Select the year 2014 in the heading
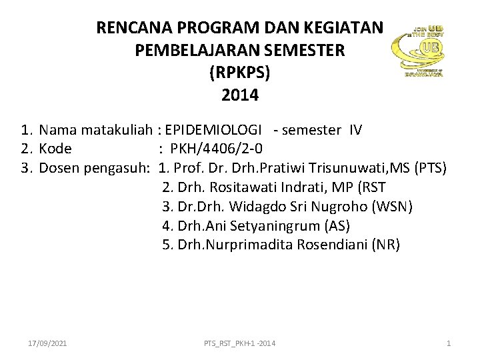(240, 95)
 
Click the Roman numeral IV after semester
(355, 130)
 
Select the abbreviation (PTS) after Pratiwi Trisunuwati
(431, 167)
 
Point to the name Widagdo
(242, 207)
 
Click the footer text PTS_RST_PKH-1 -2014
(240, 343)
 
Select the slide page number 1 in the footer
(449, 343)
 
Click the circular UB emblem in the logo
(430, 49)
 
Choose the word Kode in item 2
(55, 149)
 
